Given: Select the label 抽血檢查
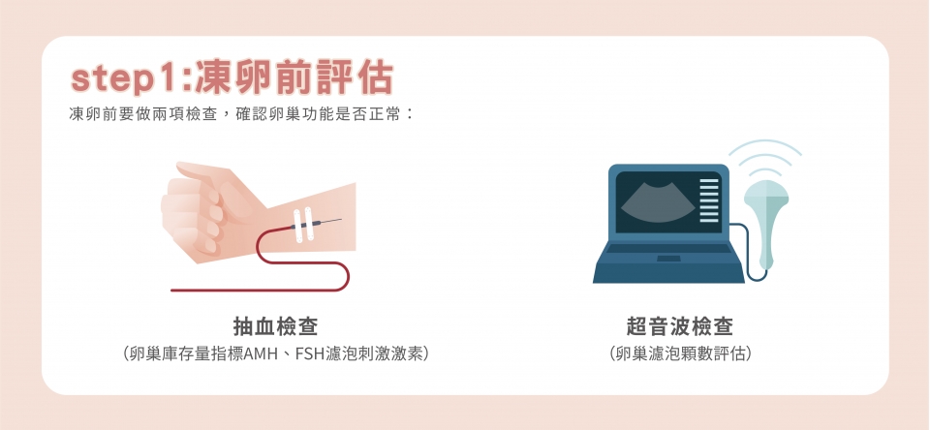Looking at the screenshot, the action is (275, 326).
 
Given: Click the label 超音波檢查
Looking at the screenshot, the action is (680, 326).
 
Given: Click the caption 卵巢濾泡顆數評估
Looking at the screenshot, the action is (680, 354).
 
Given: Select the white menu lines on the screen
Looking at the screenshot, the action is (709, 200).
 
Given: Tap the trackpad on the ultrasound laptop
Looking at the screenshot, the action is (669, 259).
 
